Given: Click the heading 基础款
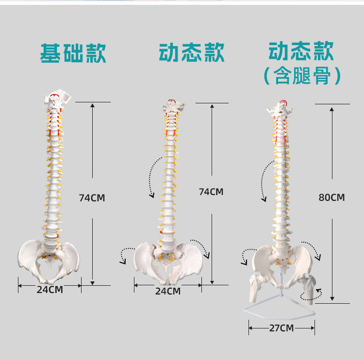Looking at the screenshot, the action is pyautogui.click(x=73, y=53).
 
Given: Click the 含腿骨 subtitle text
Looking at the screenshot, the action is pyautogui.click(x=303, y=76).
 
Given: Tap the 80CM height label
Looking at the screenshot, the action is pyautogui.click(x=331, y=197).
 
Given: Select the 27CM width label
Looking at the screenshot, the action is pyautogui.click(x=281, y=328).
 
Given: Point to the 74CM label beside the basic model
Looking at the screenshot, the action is pyautogui.click(x=92, y=198).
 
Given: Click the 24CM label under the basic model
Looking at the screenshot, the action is pyautogui.click(x=50, y=290).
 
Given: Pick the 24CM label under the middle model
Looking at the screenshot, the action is pyautogui.click(x=168, y=291).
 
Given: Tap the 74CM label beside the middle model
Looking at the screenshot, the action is pyautogui.click(x=211, y=192).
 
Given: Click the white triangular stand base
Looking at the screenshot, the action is pyautogui.click(x=279, y=310).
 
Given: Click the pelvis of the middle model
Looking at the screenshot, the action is pyautogui.click(x=167, y=262).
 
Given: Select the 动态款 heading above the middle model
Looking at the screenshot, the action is pyautogui.click(x=192, y=52).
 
